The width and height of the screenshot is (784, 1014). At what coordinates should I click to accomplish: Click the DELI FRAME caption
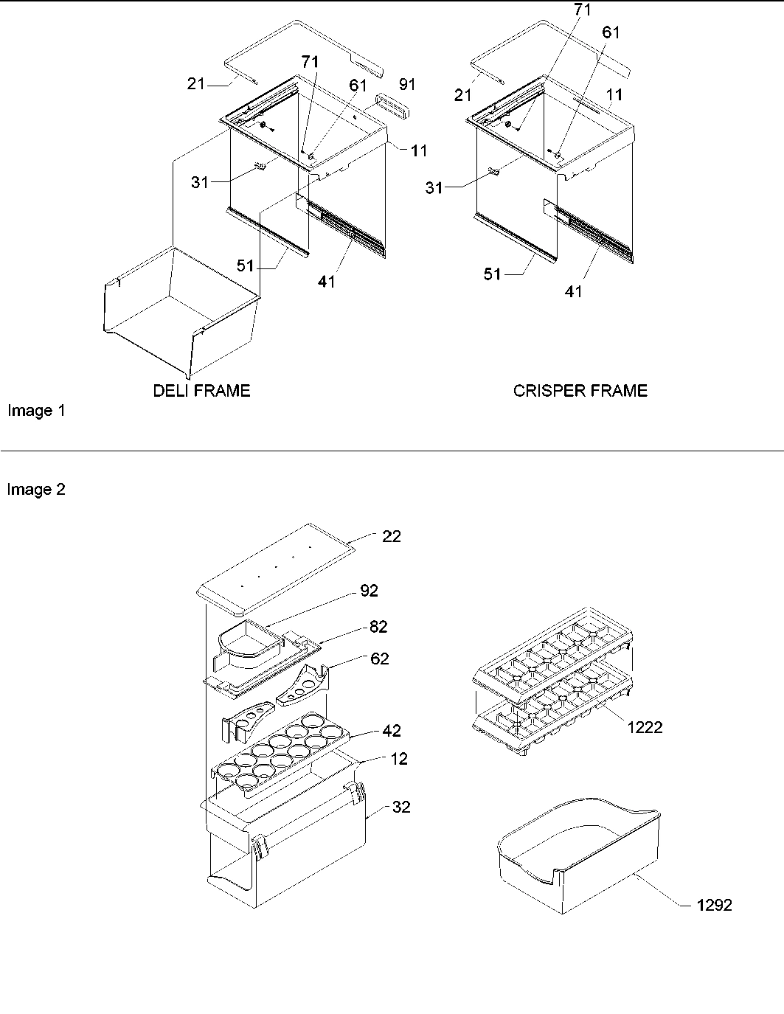[201, 391]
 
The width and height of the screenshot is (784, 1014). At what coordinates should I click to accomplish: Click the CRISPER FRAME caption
[580, 391]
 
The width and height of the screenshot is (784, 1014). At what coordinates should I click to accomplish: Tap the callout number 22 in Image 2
[391, 537]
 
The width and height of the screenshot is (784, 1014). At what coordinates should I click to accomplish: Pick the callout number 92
[369, 591]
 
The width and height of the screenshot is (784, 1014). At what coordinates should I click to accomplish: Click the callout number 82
[378, 627]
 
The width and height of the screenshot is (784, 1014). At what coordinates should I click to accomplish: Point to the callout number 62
[379, 659]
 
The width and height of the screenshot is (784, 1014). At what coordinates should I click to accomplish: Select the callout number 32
[400, 807]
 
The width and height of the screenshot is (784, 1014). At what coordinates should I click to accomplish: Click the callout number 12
[398, 759]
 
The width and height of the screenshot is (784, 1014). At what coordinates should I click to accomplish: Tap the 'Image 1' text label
[36, 411]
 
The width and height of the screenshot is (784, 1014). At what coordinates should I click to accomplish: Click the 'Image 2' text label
[36, 490]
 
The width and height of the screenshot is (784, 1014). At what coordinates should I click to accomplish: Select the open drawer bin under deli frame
[177, 310]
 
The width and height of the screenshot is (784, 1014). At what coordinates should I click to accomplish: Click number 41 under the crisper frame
[573, 291]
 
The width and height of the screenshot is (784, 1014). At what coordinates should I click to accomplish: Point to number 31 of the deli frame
[200, 182]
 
